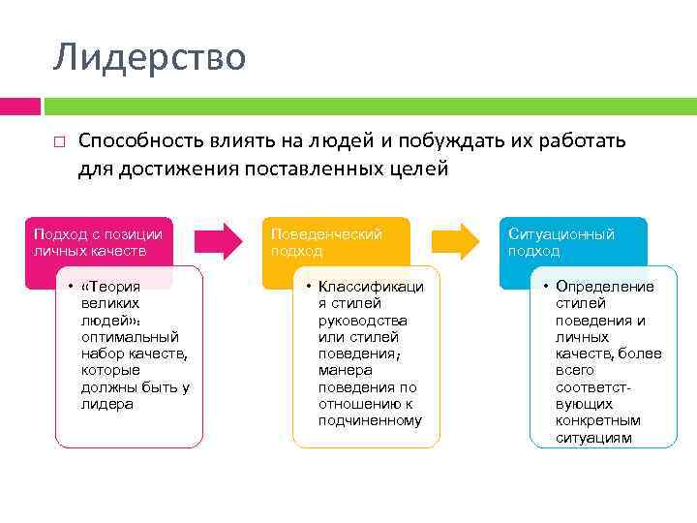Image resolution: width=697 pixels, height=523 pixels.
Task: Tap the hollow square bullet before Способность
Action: [59, 142]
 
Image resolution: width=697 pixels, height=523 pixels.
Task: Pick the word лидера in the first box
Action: [108, 404]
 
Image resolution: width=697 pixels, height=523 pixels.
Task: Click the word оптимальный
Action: [130, 337]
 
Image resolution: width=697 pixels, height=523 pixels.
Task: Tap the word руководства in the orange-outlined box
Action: [363, 321]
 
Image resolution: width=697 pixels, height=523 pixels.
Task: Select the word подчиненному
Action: [370, 420]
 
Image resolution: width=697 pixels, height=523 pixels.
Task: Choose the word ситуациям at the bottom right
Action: [593, 438]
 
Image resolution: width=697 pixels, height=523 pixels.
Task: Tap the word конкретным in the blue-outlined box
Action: [597, 421]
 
